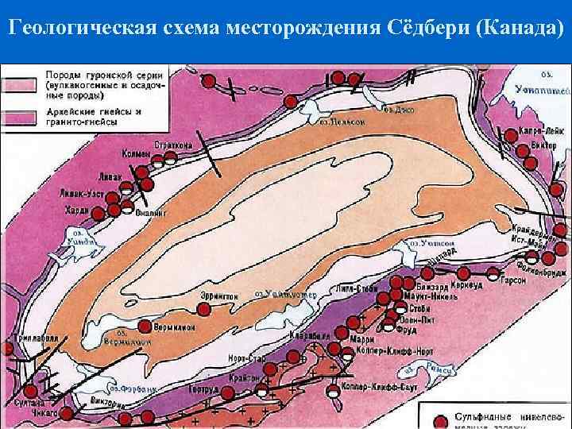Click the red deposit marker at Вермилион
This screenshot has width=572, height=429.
(145, 326)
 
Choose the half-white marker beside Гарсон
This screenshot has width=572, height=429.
(493, 275)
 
